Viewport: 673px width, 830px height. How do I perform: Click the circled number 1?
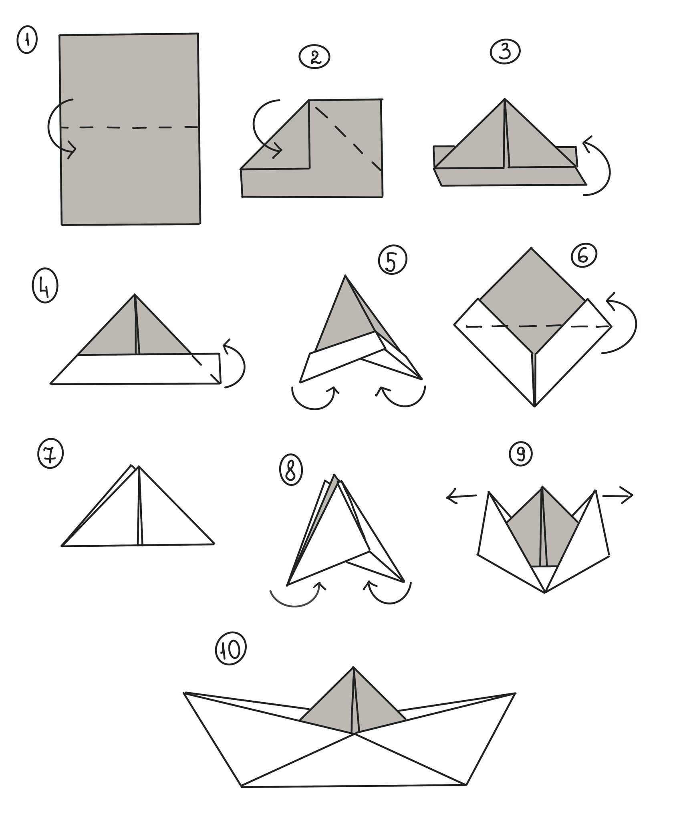[26, 42]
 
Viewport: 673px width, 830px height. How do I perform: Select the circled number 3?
[505, 52]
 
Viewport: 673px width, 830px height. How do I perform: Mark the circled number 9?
[521, 453]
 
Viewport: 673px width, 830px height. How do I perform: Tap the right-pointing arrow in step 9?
[618, 496]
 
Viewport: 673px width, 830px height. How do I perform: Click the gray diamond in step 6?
[532, 301]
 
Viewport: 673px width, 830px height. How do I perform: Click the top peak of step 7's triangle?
[139, 467]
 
